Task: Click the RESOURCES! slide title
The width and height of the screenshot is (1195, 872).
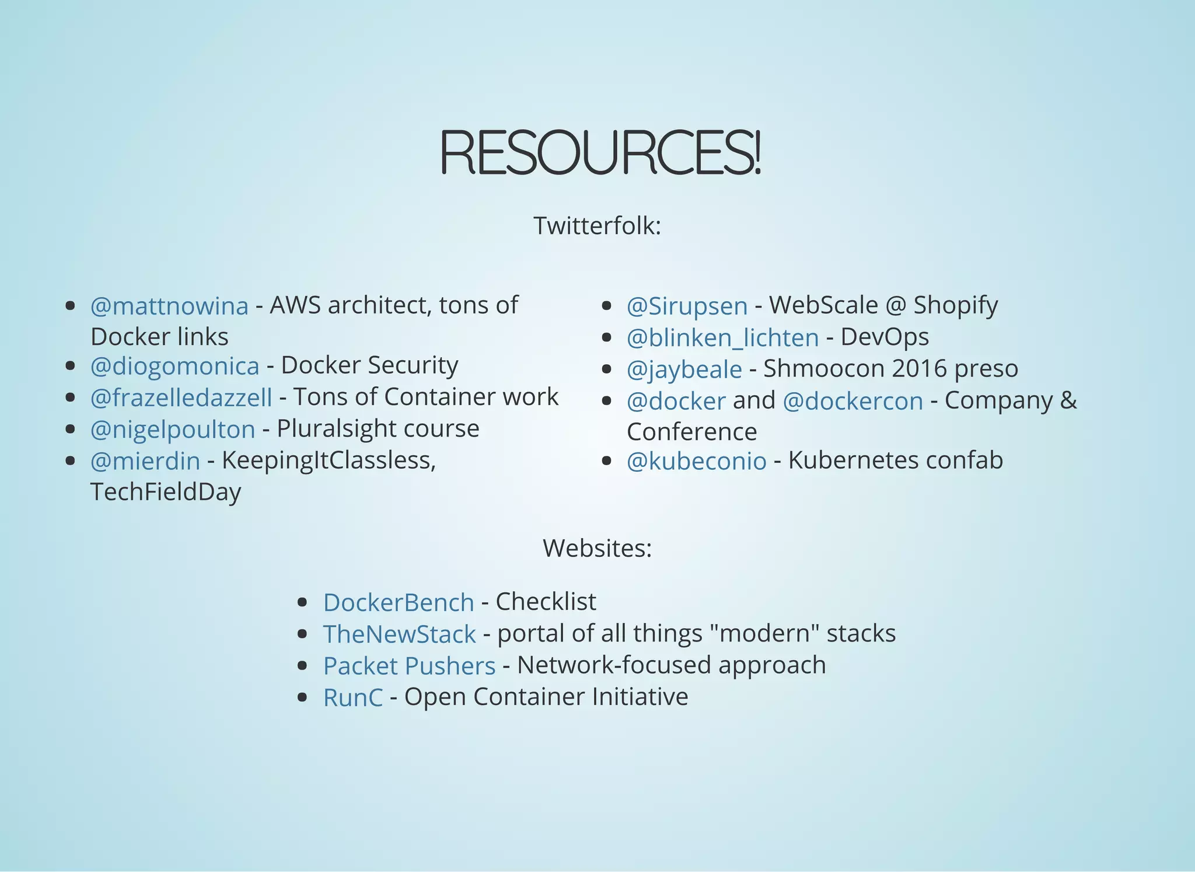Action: pos(600,152)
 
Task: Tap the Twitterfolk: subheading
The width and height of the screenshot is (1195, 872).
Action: pos(597,226)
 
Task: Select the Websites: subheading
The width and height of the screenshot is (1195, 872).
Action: pos(597,548)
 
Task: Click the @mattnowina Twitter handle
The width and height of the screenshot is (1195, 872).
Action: pos(169,306)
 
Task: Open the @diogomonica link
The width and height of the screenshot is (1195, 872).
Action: pos(174,366)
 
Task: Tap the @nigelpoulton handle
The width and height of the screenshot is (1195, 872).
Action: pos(173,430)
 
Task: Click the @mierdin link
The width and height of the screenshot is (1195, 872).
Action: pos(145,461)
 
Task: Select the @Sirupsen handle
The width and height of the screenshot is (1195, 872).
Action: pos(687,306)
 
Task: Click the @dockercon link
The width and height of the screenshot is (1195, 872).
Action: pos(852,401)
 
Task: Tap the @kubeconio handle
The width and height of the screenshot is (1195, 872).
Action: pos(696,461)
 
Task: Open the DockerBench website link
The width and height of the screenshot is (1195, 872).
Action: pos(399,602)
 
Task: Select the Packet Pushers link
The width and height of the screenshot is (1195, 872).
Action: pos(409,666)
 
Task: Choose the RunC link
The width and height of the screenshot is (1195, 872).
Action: pos(353,697)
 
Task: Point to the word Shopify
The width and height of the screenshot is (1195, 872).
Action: pos(955,306)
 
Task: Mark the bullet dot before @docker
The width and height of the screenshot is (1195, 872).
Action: pos(606,401)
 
